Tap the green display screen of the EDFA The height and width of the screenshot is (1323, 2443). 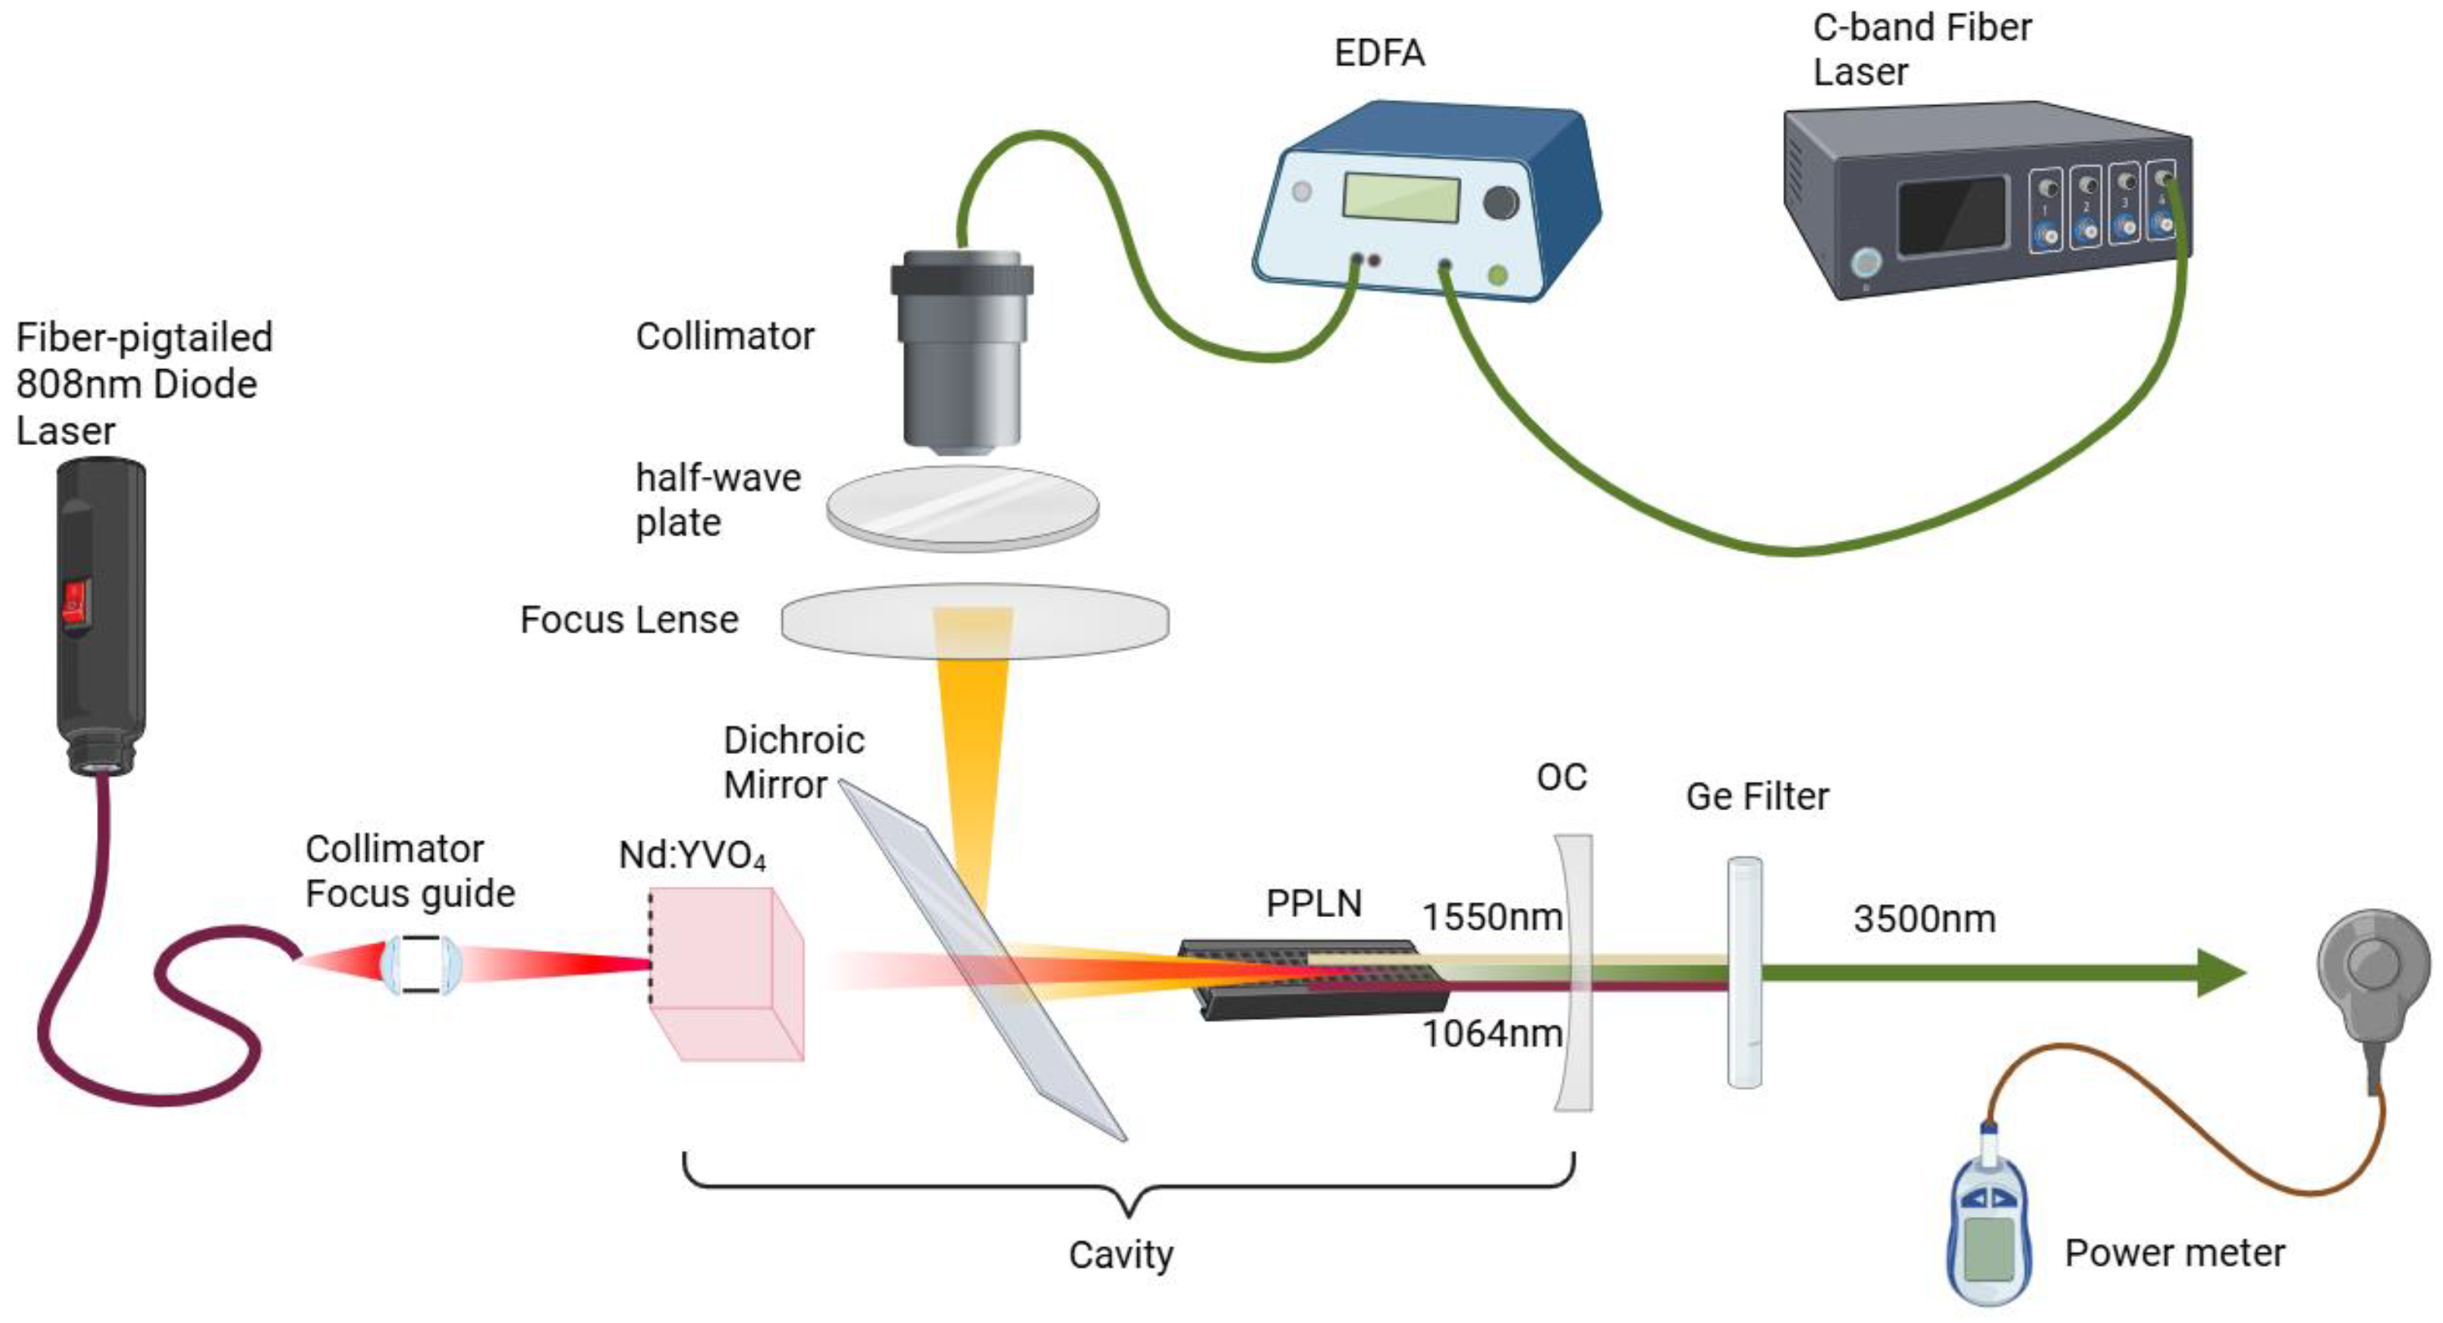click(1400, 198)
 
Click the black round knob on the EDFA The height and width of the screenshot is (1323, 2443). click(1500, 202)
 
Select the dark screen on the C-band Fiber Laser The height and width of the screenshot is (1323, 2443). click(1952, 216)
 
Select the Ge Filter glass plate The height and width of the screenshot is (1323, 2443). click(1743, 972)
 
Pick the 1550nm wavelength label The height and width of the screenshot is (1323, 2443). click(1491, 917)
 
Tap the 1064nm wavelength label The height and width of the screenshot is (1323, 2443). click(1491, 1034)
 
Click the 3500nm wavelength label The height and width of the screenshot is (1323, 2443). click(1924, 919)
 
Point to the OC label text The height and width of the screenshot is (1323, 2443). click(1561, 778)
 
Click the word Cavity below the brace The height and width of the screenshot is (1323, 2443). click(1121, 1255)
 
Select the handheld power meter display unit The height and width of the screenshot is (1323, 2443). click(1988, 1228)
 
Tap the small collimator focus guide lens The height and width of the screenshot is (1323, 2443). click(420, 964)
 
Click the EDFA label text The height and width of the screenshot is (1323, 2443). click(1379, 53)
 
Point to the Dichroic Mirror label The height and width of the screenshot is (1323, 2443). click(793, 762)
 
